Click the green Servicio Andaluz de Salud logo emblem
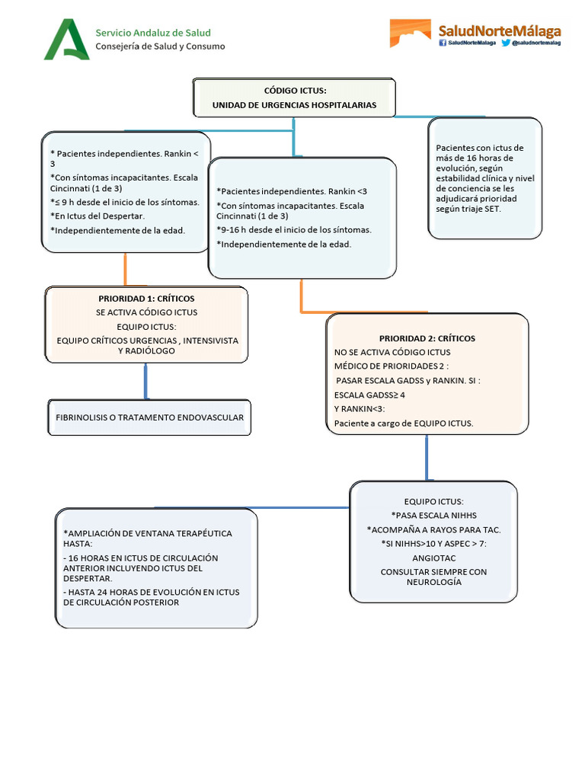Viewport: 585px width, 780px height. pyautogui.click(x=66, y=40)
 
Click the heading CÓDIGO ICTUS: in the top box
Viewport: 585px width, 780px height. pyautogui.click(x=295, y=91)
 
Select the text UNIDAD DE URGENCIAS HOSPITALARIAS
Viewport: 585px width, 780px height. pyautogui.click(x=294, y=105)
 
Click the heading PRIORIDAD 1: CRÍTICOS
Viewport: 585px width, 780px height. pyautogui.click(x=146, y=298)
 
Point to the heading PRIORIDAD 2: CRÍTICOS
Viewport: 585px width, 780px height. pyautogui.click(x=427, y=338)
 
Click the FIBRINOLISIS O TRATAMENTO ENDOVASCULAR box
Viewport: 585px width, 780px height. pyautogui.click(x=149, y=418)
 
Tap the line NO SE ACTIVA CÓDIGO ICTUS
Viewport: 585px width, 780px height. pyautogui.click(x=392, y=352)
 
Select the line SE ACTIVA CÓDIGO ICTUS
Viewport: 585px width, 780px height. pyautogui.click(x=146, y=312)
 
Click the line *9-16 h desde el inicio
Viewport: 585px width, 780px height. pyautogui.click(x=294, y=229)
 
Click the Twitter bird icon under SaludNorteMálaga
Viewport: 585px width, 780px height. pyautogui.click(x=506, y=43)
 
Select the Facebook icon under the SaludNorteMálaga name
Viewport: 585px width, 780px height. pyautogui.click(x=442, y=43)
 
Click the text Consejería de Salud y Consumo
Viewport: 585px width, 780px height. pyautogui.click(x=159, y=46)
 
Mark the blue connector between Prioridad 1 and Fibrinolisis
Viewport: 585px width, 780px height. pyautogui.click(x=145, y=381)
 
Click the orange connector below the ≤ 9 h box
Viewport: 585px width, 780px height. pyautogui.click(x=125, y=268)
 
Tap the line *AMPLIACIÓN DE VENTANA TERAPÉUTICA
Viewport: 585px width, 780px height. pyautogui.click(x=148, y=533)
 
